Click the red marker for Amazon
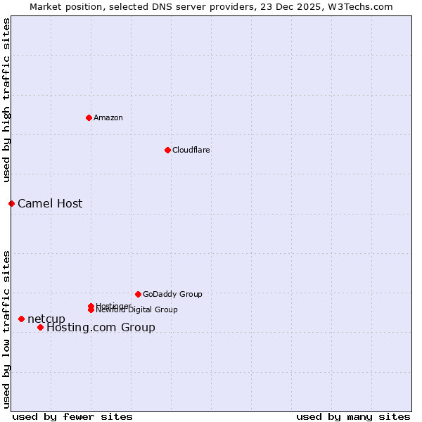click(89, 117)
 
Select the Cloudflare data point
click(167, 150)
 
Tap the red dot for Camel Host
click(11, 203)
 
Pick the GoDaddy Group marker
click(138, 294)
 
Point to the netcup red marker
click(21, 319)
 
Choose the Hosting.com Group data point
click(40, 327)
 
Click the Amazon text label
click(108, 117)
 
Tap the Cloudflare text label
click(191, 150)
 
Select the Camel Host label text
click(50, 204)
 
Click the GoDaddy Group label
click(172, 294)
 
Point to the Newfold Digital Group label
click(137, 310)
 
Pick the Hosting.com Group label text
click(101, 328)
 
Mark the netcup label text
click(46, 319)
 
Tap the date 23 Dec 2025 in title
click(300, 6)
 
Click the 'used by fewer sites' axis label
click(72, 417)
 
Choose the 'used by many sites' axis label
click(353, 417)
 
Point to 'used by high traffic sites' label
click(6, 100)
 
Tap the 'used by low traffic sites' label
click(6, 329)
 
